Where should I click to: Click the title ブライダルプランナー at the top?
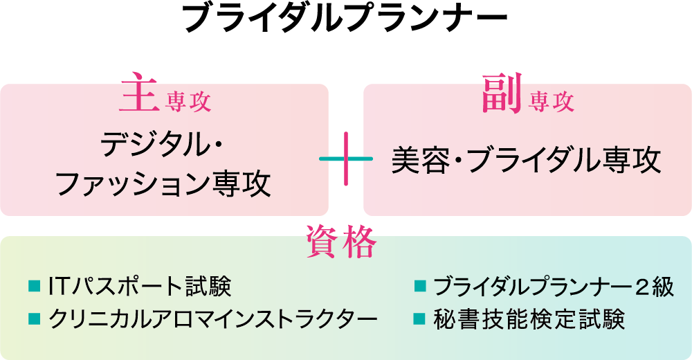(345, 19)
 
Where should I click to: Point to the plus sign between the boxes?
(346, 160)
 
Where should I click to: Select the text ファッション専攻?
(163, 184)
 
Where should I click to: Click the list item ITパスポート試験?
(139, 286)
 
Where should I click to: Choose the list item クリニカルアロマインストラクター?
(213, 319)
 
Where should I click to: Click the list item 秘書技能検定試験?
(529, 319)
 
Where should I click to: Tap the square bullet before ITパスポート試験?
(33, 286)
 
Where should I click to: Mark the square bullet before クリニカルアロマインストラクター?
(33, 319)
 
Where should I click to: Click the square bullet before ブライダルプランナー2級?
(419, 287)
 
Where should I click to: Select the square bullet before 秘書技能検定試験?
(419, 319)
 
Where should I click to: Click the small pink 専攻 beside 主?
(188, 103)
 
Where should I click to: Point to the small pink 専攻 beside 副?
(552, 103)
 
